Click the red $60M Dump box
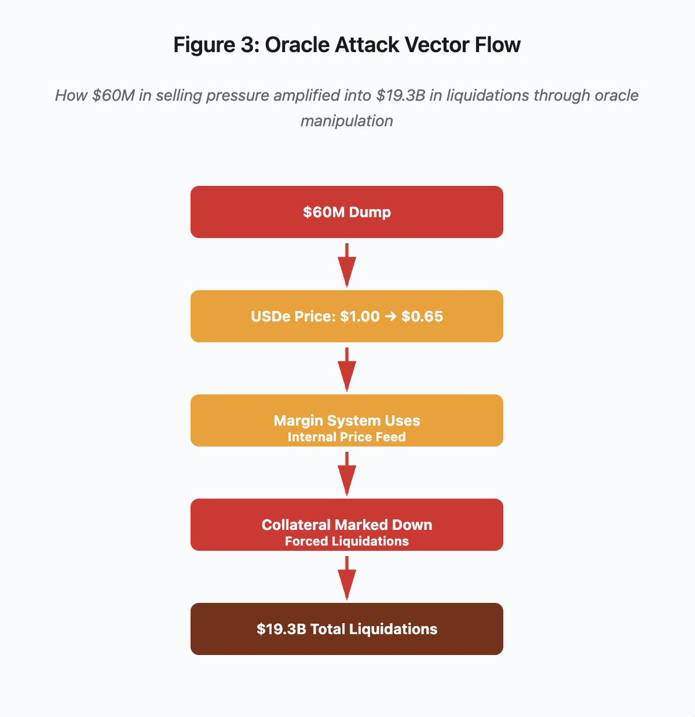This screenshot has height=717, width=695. [x=347, y=212]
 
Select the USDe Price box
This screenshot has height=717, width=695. [x=347, y=316]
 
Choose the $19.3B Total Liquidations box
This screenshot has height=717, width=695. [x=347, y=629]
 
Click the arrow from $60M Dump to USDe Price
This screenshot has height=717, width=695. [x=347, y=265]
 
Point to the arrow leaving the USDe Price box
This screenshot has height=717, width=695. [x=347, y=369]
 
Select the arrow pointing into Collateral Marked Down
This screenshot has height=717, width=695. [x=347, y=473]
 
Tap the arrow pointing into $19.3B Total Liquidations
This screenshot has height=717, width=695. [x=347, y=577]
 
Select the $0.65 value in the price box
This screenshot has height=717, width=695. [x=422, y=316]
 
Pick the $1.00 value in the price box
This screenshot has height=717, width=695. [x=360, y=316]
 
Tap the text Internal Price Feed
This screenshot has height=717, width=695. [x=347, y=437]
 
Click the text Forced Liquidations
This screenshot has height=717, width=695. [x=347, y=541]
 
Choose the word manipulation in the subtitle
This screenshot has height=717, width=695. [x=347, y=121]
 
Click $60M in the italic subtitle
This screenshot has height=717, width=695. [x=114, y=96]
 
